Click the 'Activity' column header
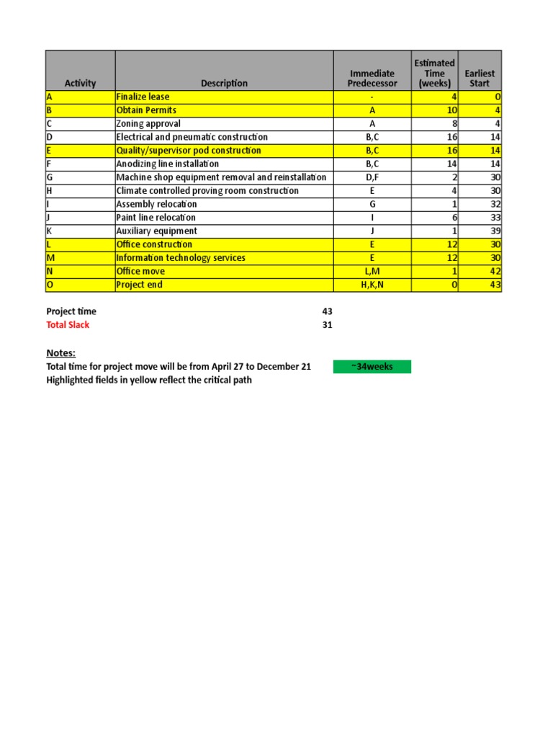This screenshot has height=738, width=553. tap(80, 84)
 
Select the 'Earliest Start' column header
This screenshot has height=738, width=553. tap(480, 78)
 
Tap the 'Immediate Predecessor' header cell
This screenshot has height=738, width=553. tap(372, 78)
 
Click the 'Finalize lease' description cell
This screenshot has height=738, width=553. tap(143, 97)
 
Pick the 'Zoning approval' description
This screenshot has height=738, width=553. tap(148, 124)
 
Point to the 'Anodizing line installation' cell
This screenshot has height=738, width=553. tap(167, 164)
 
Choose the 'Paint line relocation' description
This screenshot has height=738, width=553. tap(156, 218)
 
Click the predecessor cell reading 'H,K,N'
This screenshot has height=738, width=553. tap(372, 285)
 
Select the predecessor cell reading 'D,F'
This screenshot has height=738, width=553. tap(372, 177)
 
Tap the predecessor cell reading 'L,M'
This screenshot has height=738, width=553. tap(372, 272)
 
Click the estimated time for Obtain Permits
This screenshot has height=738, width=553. tap(452, 110)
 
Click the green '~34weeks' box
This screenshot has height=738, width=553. tap(372, 367)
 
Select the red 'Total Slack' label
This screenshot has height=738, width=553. tap(68, 325)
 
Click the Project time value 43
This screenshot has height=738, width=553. tap(328, 311)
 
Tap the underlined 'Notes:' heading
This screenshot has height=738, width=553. tap(61, 352)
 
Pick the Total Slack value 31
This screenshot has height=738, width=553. tap(328, 325)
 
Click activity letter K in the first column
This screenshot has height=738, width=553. tap(49, 231)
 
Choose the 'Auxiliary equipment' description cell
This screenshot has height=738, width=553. tap(156, 231)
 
